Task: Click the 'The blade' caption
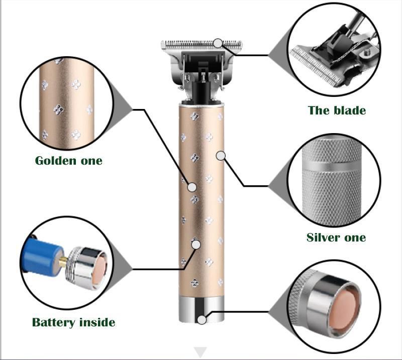coord(337,110)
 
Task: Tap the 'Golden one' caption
coord(69,161)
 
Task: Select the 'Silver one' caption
coord(336,237)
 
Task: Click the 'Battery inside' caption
coord(73,322)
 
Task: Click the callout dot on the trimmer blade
coord(218,43)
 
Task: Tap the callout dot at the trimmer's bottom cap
coord(202,320)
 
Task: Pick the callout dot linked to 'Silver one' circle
coord(221,156)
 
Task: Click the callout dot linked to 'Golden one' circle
coord(192,187)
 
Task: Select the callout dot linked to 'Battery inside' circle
coord(196,245)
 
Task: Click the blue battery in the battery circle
coord(42,257)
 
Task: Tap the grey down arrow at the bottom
coord(200,352)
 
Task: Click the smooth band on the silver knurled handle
coord(332,166)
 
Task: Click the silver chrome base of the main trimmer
coord(202,310)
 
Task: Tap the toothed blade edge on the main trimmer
coord(202,44)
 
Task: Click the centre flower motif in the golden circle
coord(58,109)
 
